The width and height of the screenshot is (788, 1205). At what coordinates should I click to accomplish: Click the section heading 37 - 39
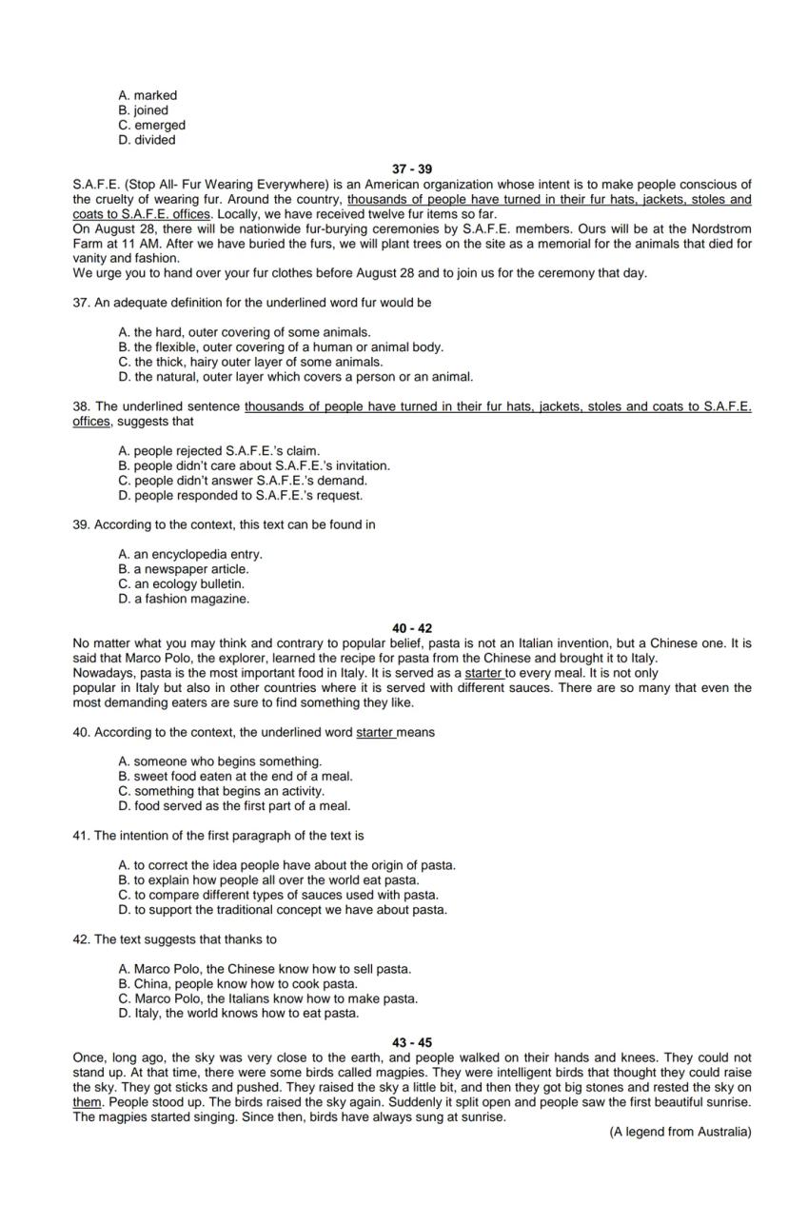click(411, 169)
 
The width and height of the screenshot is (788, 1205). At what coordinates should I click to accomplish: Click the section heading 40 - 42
click(411, 628)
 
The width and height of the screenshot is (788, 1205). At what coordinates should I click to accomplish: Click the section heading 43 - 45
click(411, 1042)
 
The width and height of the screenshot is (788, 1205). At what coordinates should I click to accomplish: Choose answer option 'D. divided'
click(147, 140)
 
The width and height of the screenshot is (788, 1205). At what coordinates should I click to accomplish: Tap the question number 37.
click(81, 303)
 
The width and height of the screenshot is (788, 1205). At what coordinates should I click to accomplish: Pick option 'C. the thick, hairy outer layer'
click(250, 362)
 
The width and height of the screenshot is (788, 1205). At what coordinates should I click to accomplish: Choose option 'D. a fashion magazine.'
click(184, 599)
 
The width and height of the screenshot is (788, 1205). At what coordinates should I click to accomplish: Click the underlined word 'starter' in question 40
click(375, 732)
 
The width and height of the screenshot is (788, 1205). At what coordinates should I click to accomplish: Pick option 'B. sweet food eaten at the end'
click(235, 776)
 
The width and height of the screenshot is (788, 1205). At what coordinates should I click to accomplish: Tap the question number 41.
click(81, 836)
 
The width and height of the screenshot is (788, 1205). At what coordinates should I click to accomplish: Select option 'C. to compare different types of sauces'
click(278, 895)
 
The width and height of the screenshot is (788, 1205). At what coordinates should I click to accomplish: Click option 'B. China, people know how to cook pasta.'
click(238, 983)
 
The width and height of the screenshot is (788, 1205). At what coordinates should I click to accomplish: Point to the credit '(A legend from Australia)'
click(680, 1132)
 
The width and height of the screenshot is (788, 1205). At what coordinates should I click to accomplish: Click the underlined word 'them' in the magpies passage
click(86, 1102)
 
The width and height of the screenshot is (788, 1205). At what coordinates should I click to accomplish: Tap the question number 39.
click(81, 524)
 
